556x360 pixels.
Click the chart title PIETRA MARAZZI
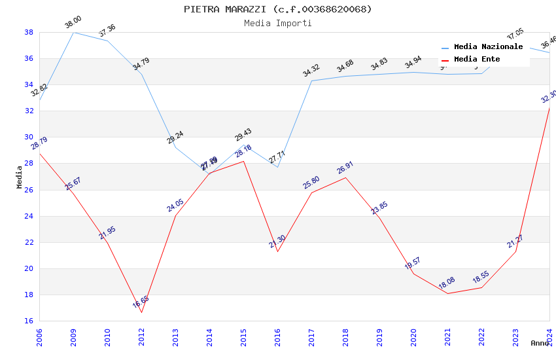278,9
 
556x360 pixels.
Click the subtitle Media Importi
278,23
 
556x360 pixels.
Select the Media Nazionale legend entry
488,47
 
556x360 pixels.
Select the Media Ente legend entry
477,60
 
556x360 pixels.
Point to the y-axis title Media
20,177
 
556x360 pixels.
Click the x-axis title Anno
540,343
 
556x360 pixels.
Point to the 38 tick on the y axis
29,32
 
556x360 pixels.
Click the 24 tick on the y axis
29,216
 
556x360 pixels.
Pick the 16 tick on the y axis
29,321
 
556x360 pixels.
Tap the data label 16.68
141,302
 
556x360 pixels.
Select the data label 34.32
311,71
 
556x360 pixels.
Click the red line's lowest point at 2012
141,312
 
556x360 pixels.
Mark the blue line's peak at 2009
73,32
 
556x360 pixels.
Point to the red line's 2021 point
448,293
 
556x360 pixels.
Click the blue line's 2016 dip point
277,167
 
